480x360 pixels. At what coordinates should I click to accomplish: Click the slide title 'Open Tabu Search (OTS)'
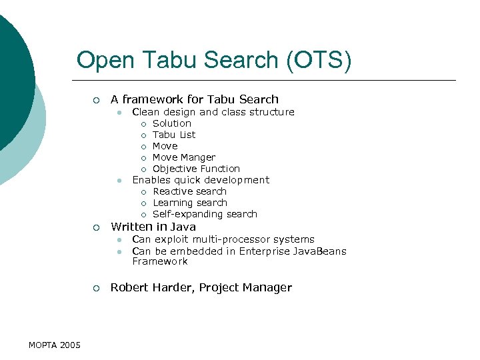(x=213, y=60)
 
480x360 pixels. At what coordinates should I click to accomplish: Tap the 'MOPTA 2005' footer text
(x=55, y=345)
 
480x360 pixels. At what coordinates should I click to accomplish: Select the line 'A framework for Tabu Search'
(x=194, y=99)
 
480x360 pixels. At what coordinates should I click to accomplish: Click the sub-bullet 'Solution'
(x=171, y=123)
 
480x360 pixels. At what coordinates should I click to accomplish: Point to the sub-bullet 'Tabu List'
(x=174, y=135)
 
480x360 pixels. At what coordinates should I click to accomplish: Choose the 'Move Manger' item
(x=184, y=157)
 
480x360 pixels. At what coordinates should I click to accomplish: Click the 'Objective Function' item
(x=196, y=169)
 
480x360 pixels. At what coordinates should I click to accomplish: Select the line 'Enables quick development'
(x=201, y=180)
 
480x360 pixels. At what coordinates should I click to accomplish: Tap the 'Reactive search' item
(x=189, y=191)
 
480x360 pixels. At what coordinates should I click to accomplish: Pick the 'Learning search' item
(x=190, y=203)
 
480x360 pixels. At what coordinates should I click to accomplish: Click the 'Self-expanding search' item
(x=205, y=214)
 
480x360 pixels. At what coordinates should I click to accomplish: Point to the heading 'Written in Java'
(x=153, y=227)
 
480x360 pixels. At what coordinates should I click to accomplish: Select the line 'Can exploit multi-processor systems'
(x=223, y=239)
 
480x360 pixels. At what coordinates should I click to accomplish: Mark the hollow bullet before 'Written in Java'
(x=96, y=227)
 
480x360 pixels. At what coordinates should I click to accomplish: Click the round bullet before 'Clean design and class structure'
(x=118, y=113)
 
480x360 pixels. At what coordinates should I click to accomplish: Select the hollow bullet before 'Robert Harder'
(x=96, y=288)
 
